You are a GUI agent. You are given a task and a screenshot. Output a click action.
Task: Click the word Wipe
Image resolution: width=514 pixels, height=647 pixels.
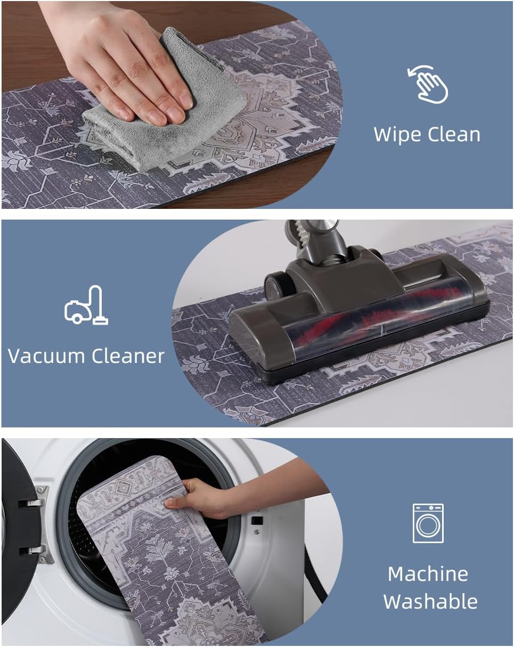click(398, 135)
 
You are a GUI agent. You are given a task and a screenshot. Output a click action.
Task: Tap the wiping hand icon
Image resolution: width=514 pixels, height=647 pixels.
click(428, 84)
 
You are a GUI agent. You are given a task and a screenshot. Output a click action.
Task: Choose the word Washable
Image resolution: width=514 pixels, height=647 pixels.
click(430, 601)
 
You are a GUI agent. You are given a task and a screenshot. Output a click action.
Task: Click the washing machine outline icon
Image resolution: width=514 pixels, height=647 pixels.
click(428, 524)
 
